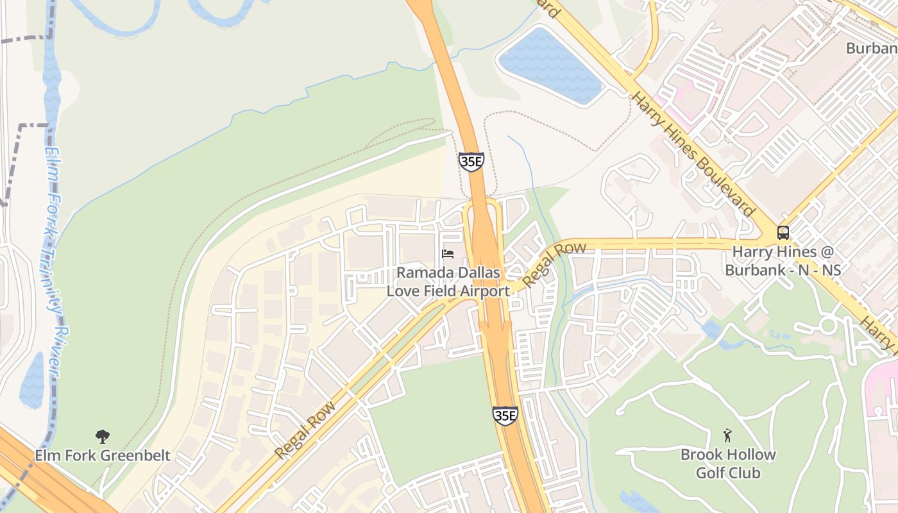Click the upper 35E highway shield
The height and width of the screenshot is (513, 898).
coord(471,162)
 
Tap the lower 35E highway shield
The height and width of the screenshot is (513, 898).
coord(505,416)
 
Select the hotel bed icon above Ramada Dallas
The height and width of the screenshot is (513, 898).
coord(448,255)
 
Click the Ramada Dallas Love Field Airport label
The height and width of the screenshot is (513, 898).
coord(448,282)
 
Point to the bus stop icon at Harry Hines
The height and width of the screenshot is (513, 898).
coord(783,233)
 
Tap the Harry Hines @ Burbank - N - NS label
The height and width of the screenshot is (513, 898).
coord(783,260)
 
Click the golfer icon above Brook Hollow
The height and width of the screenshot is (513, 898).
coord(727,436)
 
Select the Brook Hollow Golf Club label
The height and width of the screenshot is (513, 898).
coord(728,464)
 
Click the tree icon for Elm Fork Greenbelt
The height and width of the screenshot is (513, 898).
coord(102,437)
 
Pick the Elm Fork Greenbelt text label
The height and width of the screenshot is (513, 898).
coord(103,456)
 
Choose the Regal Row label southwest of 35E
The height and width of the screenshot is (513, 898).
coord(305,430)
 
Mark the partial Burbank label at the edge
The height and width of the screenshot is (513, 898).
coord(871,49)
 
